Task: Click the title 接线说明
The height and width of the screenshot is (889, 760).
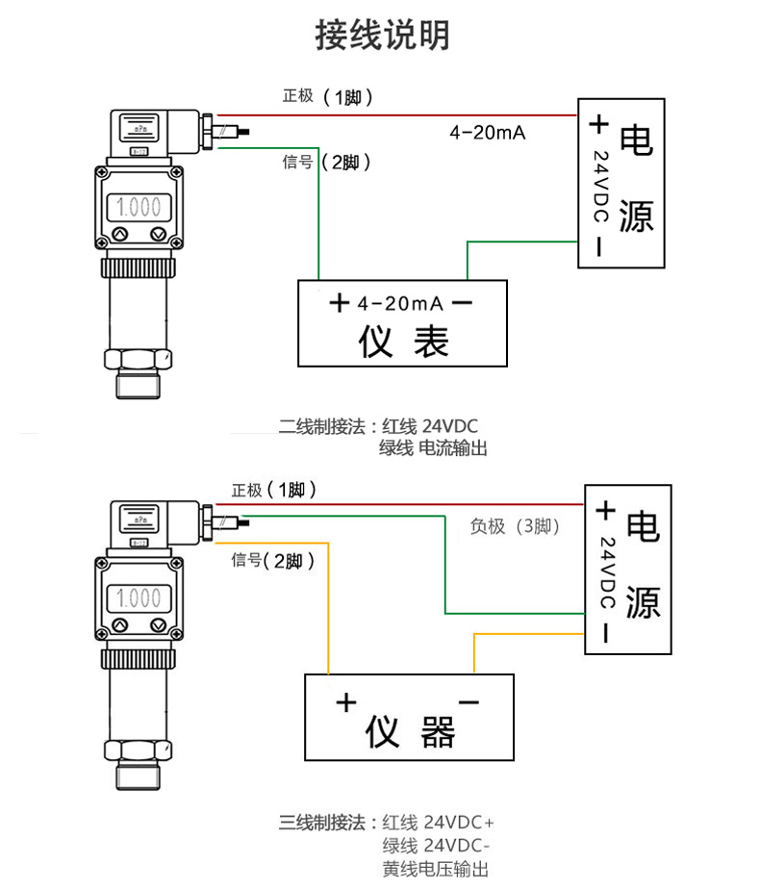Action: click(382, 36)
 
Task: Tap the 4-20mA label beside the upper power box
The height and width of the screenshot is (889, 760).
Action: click(487, 133)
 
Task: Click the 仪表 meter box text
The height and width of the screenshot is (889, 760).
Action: click(403, 341)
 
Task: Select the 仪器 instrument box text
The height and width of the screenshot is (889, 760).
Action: click(410, 733)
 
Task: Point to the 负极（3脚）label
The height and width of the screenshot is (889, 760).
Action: click(515, 526)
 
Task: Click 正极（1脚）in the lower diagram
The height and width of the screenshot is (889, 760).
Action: click(274, 491)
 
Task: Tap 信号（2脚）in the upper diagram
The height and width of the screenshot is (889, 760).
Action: click(326, 163)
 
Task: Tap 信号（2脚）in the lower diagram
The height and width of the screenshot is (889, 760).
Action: click(273, 560)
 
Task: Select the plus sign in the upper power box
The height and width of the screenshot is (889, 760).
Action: click(598, 123)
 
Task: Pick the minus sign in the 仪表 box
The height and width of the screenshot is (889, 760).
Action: click(462, 304)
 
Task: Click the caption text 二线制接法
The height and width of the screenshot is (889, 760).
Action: click(321, 425)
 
